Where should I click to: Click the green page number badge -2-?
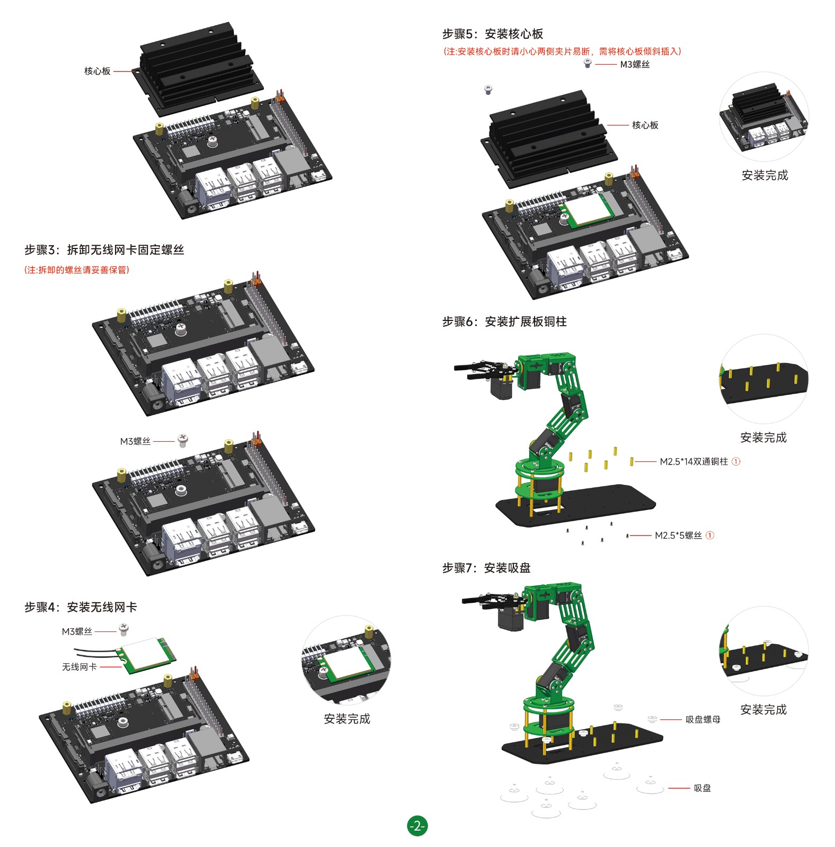coord(417,826)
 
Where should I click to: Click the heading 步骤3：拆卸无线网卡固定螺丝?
coord(104,250)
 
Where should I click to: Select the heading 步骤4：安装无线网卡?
coord(81,607)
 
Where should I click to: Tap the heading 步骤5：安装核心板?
coord(493,34)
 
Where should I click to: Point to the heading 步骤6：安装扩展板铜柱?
coord(504,322)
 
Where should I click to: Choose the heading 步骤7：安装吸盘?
coord(486,568)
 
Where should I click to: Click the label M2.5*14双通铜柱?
coord(694,461)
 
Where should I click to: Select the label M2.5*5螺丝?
coord(678,536)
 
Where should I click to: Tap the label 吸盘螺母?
coord(703,719)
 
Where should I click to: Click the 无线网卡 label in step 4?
coord(79,667)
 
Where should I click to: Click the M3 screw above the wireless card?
coord(123,630)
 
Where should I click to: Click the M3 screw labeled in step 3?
coord(182,441)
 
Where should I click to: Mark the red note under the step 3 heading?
coord(77,270)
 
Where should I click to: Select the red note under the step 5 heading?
coord(562,51)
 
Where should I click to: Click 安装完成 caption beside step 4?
coord(347,719)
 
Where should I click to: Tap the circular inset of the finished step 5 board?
coord(764,117)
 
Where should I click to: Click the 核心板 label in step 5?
coord(645,125)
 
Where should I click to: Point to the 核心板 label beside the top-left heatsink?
coord(97,71)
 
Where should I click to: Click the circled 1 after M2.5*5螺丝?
coord(710,536)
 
